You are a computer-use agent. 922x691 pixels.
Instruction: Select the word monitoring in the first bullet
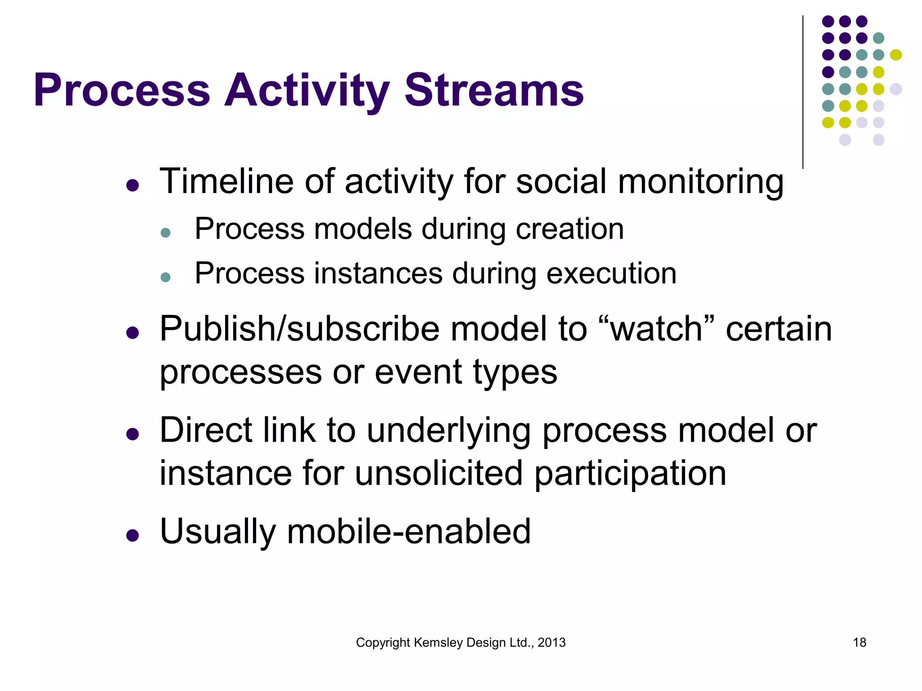tap(701, 182)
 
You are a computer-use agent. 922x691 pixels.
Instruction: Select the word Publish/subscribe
tap(299, 329)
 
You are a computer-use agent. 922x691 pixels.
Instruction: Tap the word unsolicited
tap(438, 473)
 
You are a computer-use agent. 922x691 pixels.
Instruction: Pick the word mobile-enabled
tap(408, 531)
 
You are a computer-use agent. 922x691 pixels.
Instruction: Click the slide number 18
tap(859, 642)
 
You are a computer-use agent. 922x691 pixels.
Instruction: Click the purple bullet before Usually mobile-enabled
tap(132, 535)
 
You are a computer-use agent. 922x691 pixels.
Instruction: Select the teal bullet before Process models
tap(166, 233)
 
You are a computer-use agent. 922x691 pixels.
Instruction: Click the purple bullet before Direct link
tap(132, 434)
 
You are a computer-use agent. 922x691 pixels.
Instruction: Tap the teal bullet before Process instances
tap(166, 277)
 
